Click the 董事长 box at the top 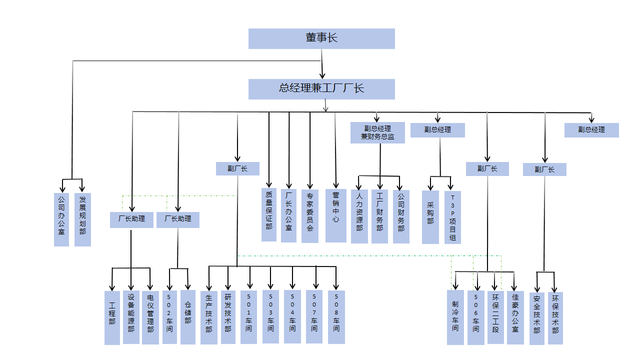pos(321,38)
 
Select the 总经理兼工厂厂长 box pos(321,89)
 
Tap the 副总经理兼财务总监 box pos(377,132)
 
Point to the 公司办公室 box pos(61,219)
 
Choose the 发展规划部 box pos(82,219)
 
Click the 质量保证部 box pos(269,214)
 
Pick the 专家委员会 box pos(310,215)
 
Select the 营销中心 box pos(335,215)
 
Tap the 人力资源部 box pos(359,216)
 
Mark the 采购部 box pos(430,217)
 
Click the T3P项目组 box pos(452,217)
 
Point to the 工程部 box pos(112,318)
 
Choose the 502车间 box pos(170,317)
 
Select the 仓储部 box pos(188,317)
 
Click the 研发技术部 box pos(228,317)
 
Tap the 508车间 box pos(336,317)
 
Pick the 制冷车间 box pos(455,317)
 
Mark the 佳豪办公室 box pos(515,317)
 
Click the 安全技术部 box pos(536,318)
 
